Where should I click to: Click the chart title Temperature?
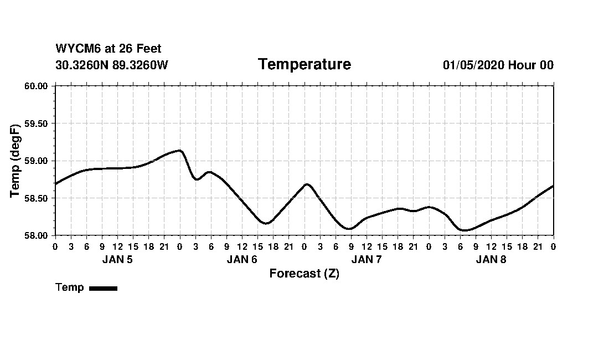click(304, 65)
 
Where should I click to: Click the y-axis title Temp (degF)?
click(16, 161)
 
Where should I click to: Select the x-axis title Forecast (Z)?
click(304, 274)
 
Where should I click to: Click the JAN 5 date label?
click(117, 259)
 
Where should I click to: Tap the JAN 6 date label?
click(242, 259)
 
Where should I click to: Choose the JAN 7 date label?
click(367, 259)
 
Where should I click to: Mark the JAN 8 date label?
click(491, 259)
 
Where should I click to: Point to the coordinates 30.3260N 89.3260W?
click(112, 65)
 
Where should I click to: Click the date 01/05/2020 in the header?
click(473, 65)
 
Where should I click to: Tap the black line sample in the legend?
click(103, 288)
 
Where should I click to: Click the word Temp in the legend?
click(70, 287)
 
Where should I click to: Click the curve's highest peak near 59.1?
click(179, 150)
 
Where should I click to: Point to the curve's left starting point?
click(56, 183)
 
